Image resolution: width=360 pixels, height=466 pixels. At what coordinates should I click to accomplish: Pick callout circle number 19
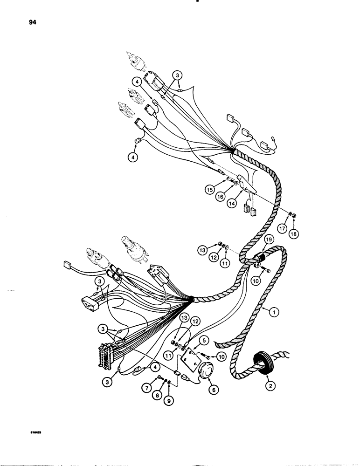268,240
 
